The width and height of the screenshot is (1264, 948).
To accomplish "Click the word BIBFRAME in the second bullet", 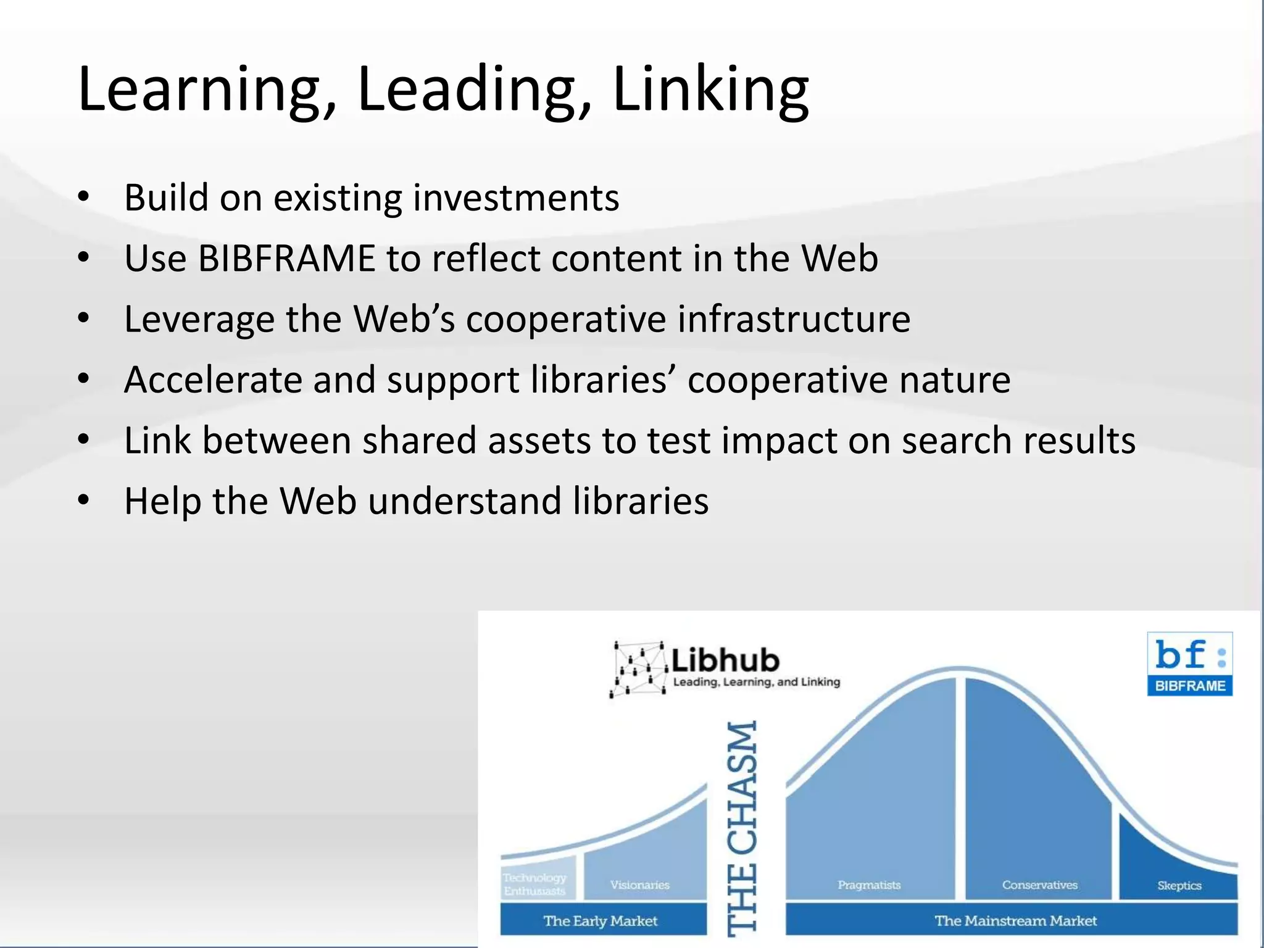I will coord(286,258).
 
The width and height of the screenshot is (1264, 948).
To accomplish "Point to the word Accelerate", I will coord(212,380).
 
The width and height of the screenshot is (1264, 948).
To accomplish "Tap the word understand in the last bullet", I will coord(465,501).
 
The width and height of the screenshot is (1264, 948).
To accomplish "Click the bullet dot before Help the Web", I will coord(85,499).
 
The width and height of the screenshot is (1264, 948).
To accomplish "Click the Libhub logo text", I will coord(725,660).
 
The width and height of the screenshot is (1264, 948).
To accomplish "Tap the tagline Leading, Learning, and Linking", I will coord(756,682).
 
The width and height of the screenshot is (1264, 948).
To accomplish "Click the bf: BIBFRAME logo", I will coord(1189,663).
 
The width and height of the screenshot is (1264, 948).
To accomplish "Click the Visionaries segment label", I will coord(639,884).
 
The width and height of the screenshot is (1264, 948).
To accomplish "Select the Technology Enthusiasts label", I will coord(534,884).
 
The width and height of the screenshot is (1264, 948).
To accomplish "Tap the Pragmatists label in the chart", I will coord(868,884).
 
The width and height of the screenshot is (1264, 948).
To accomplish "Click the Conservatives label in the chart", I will coord(1039,884).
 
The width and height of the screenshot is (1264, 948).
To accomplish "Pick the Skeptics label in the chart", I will coord(1179,885).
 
